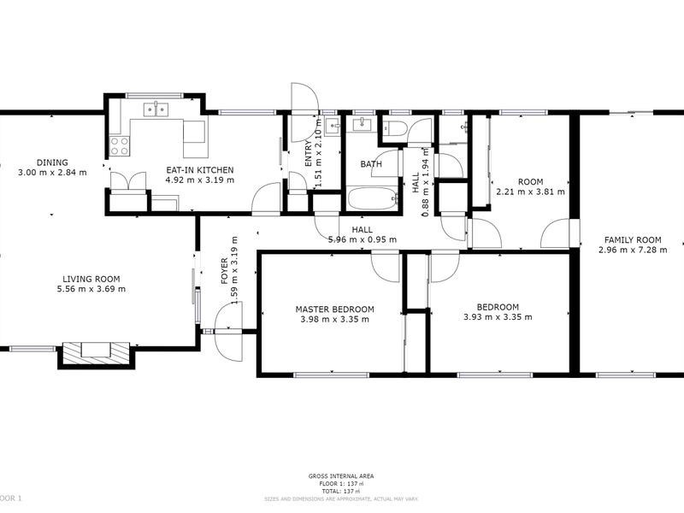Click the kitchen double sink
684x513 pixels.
click(x=155, y=109)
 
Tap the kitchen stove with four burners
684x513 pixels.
click(x=118, y=146)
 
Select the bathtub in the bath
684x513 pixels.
click(x=371, y=201)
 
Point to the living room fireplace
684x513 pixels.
click(x=94, y=351)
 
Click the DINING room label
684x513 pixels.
click(x=52, y=162)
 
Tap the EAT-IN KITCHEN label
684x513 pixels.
click(x=199, y=170)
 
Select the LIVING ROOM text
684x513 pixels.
click(x=91, y=279)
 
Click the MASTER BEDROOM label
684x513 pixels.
click(x=335, y=310)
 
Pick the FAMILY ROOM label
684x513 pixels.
click(x=633, y=239)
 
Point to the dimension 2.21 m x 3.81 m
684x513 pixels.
click(x=531, y=192)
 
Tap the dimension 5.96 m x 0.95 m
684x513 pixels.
click(x=363, y=239)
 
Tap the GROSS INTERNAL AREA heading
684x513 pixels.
click(x=341, y=475)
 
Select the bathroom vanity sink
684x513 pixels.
click(x=363, y=123)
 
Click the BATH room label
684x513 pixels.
click(x=370, y=164)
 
